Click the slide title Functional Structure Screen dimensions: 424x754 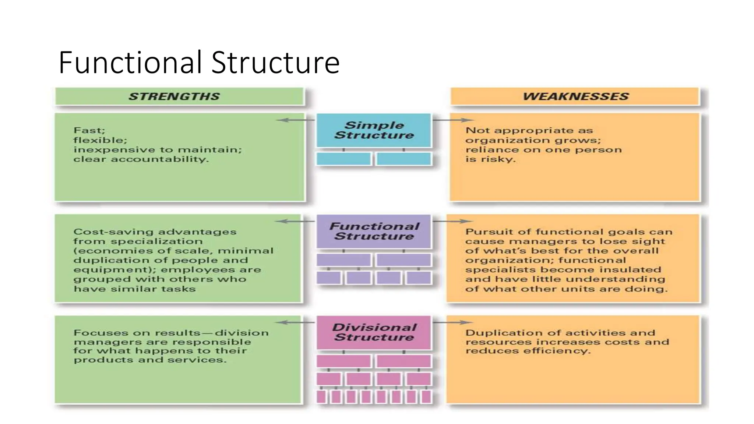pos(199,63)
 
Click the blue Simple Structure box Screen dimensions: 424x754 pos(374,130)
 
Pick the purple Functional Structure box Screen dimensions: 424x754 pos(374,231)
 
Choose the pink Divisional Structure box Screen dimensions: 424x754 pos(374,332)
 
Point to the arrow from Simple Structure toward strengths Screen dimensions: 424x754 pos(295,120)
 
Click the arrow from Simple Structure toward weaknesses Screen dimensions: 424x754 pos(453,120)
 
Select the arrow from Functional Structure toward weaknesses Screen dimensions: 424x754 pos(453,221)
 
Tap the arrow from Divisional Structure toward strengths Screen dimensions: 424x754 pos(295,322)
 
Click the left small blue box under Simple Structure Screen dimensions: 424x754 pos(343,159)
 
